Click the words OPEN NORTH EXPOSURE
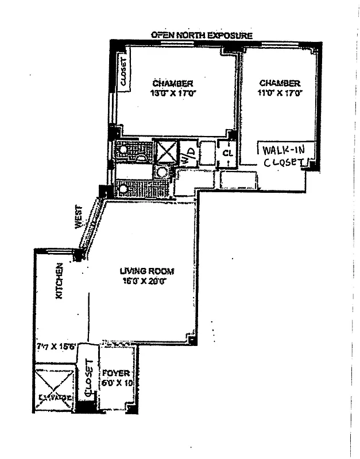pyautogui.click(x=201, y=36)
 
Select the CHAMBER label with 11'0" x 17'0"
pyautogui.click(x=280, y=83)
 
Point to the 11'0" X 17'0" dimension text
pyautogui.click(x=280, y=92)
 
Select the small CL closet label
pyautogui.click(x=227, y=154)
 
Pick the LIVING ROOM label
pyautogui.click(x=146, y=271)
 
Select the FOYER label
pyautogui.click(x=117, y=372)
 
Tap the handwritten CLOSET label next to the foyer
pyautogui.click(x=88, y=379)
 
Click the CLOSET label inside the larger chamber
pyautogui.click(x=123, y=72)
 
